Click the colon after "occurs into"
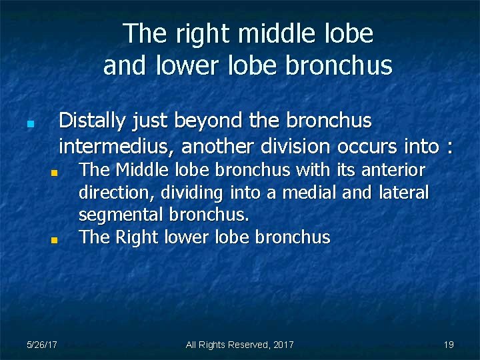(449, 146)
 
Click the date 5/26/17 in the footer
(41, 345)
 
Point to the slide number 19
(449, 345)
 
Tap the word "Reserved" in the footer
(248, 345)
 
